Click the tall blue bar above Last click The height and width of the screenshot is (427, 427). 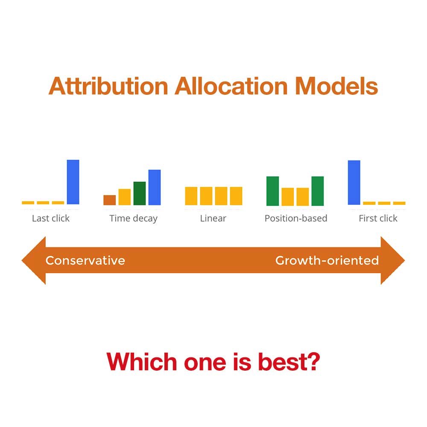tap(73, 182)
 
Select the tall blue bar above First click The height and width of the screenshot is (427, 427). tap(354, 182)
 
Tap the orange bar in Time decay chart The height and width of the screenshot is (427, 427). tap(110, 200)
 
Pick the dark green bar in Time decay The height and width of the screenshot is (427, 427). tap(140, 193)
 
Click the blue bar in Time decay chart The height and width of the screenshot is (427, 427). tap(155, 187)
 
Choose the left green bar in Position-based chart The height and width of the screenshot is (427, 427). tap(272, 191)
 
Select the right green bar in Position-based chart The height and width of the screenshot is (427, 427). tap(318, 191)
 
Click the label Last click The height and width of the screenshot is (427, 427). tap(51, 219)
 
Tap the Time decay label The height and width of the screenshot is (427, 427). tap(133, 219)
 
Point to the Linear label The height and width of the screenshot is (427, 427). tap(213, 219)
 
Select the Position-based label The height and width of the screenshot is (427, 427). tap(296, 219)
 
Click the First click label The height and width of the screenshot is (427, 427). tap(378, 219)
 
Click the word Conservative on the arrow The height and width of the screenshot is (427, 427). tap(85, 260)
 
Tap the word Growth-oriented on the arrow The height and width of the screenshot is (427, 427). tap(327, 260)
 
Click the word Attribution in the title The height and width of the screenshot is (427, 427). tap(108, 86)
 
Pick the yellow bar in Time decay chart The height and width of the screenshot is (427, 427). tap(125, 197)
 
